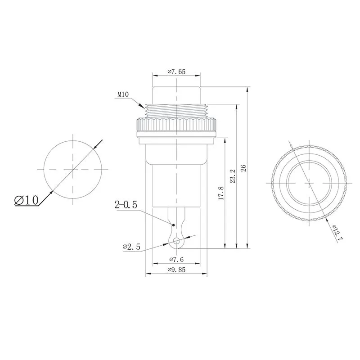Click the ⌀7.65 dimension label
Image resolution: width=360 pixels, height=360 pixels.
pyautogui.click(x=176, y=72)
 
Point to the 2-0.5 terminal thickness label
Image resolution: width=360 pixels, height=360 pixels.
pyautogui.click(x=126, y=206)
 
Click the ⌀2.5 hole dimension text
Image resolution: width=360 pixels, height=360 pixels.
pyautogui.click(x=132, y=247)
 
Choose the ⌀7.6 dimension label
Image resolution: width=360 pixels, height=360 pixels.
pyautogui.click(x=176, y=259)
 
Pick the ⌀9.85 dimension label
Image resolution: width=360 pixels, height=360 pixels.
pyautogui.click(x=176, y=270)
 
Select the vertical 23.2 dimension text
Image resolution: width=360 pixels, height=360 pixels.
pyautogui.click(x=233, y=176)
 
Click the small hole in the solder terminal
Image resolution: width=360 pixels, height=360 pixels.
pyautogui.click(x=176, y=241)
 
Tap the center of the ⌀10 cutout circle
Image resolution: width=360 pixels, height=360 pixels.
pyautogui.click(x=73, y=169)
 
